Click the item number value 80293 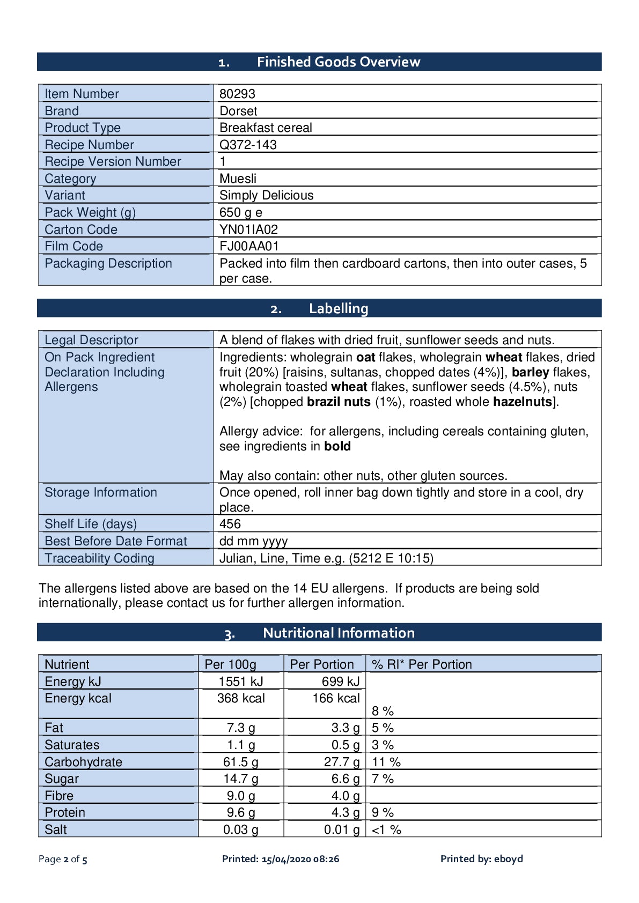pos(237,94)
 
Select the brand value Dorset pos(238,111)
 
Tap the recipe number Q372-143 pos(248,145)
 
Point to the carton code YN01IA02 pos(248,230)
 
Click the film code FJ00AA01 pos(249,246)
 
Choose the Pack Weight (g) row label pos(90,212)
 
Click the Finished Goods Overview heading pos(338,62)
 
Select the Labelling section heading pos(338,309)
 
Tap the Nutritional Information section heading pos(338,633)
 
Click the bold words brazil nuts pos(339,402)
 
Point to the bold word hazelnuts pos(522,402)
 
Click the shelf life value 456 pos(230,524)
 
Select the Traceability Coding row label pos(99,558)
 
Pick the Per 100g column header pos(230,664)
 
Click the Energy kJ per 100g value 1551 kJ pos(241,682)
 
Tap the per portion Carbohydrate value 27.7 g pos(342,762)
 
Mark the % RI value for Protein pos(383,812)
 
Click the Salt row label pos(56,830)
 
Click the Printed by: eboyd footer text pos(481,859)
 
